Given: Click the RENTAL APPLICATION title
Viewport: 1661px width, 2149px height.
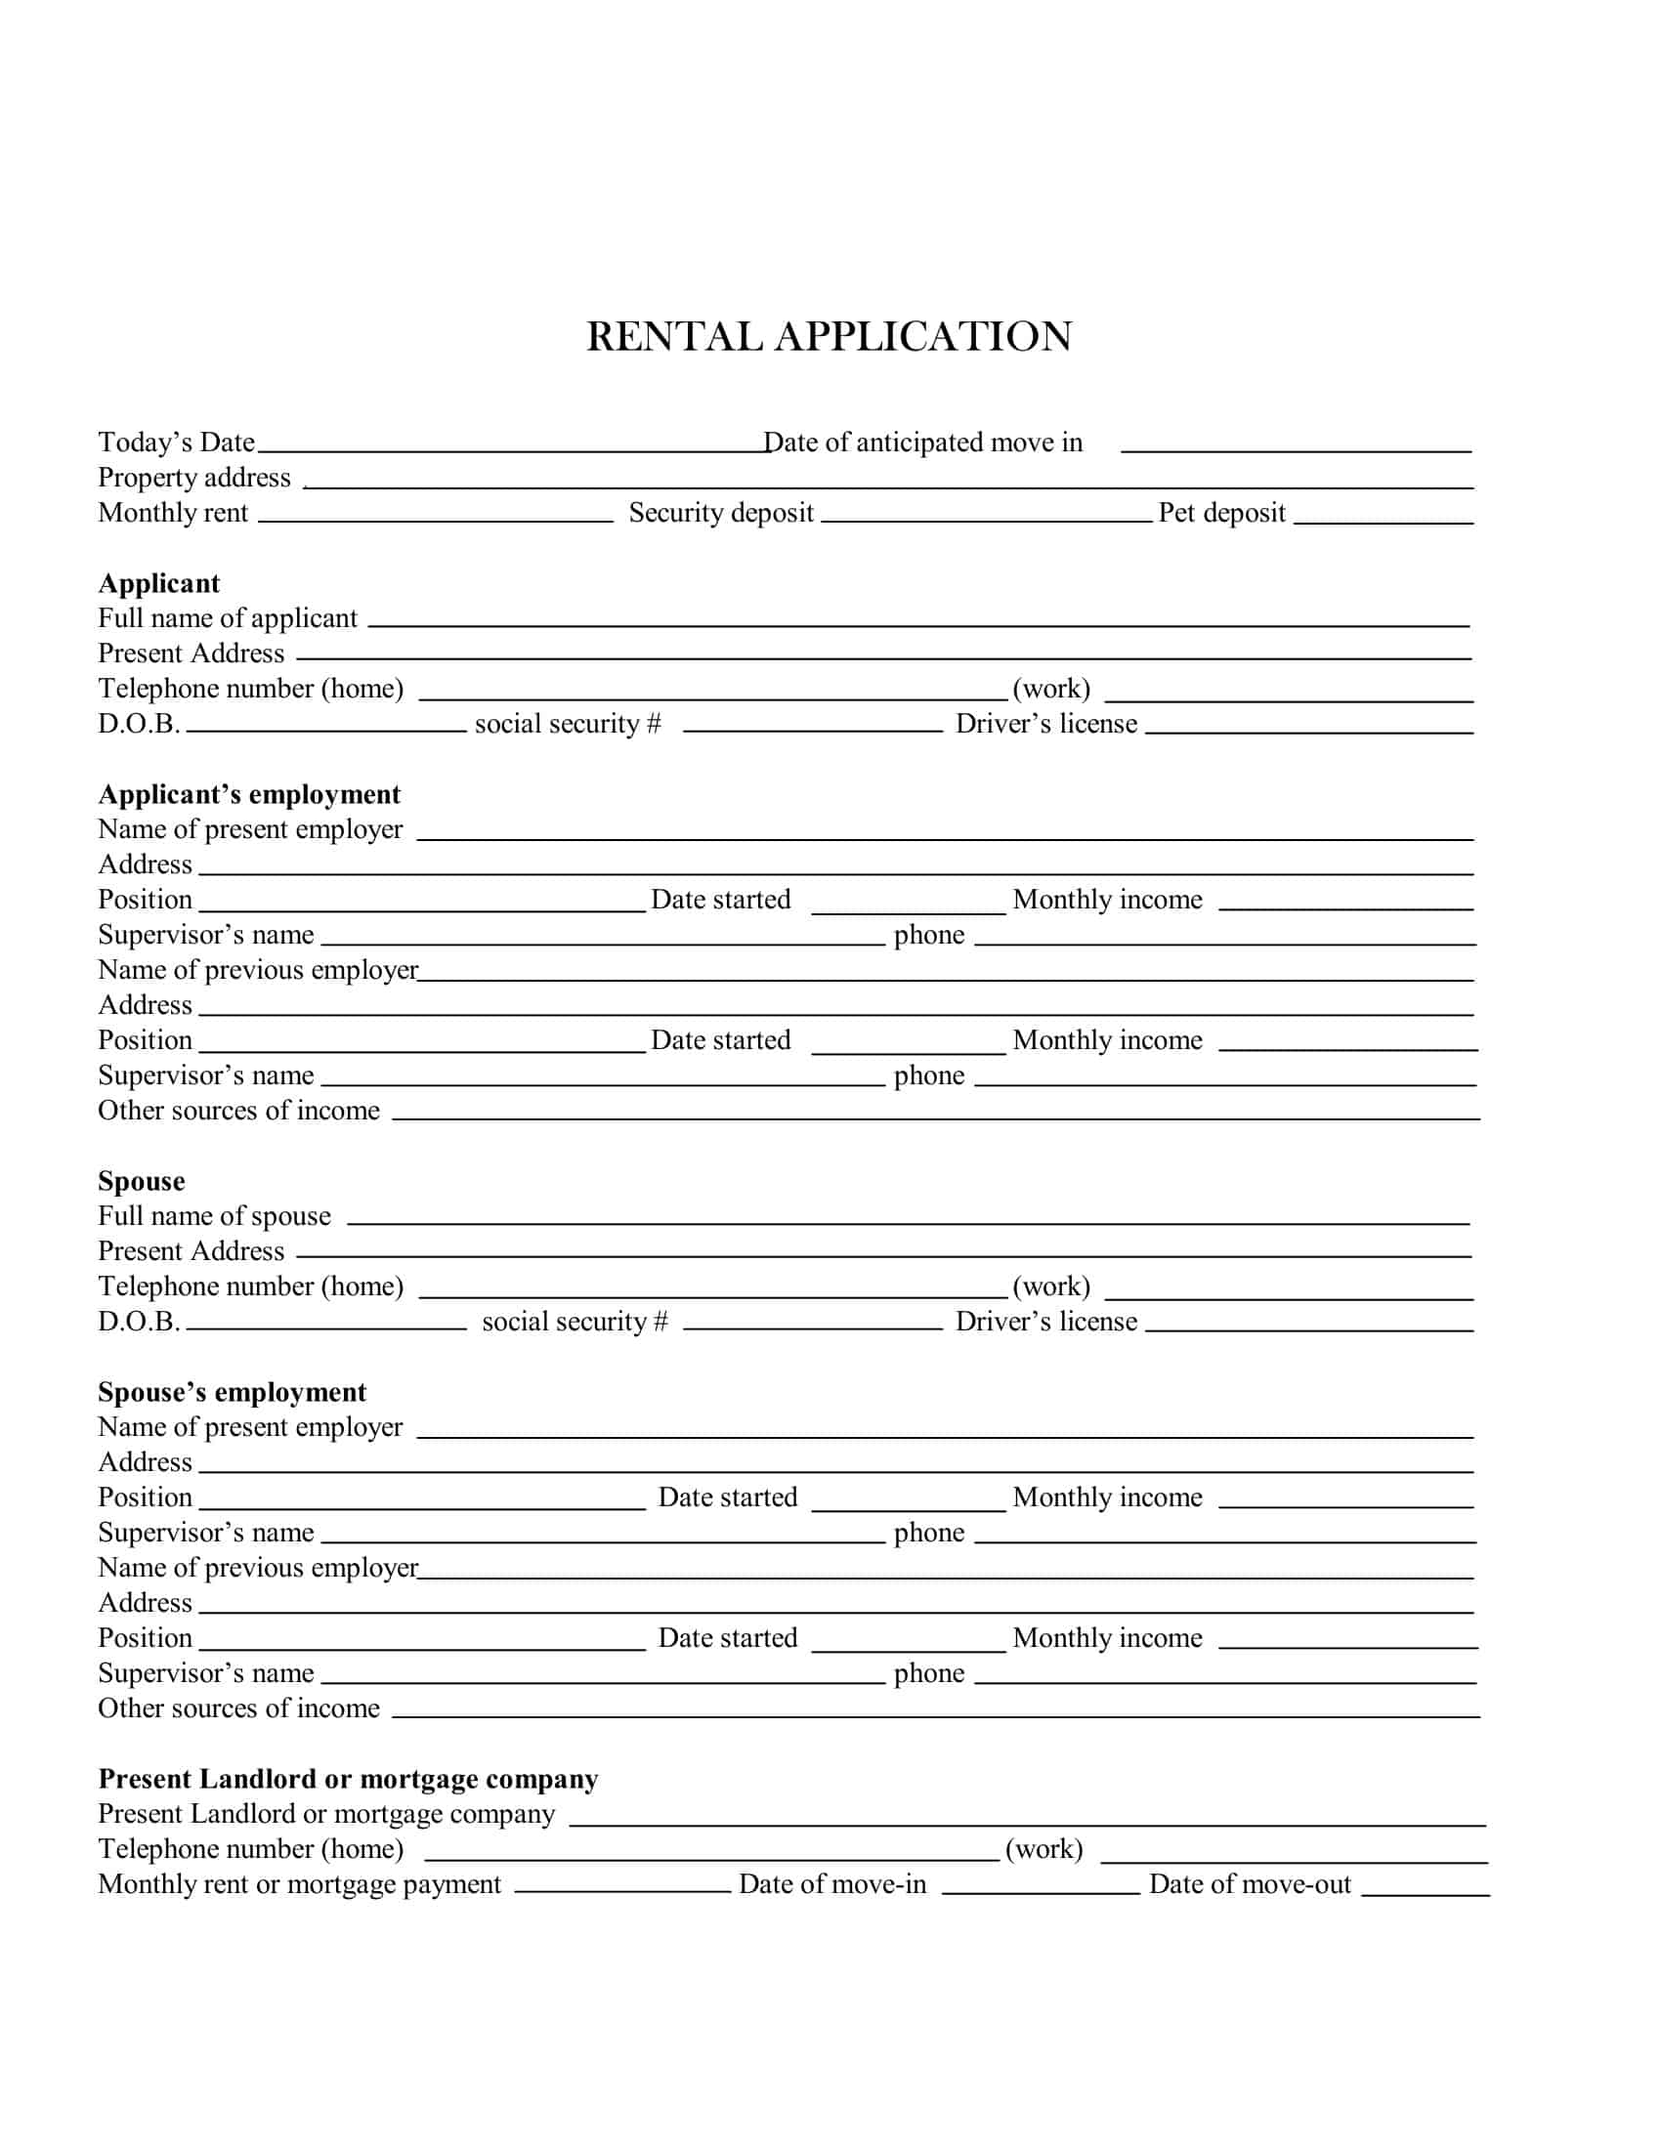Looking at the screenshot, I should (x=829, y=337).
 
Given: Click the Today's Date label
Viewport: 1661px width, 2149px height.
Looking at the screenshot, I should (x=176, y=442).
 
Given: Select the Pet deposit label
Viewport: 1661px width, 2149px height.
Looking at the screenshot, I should (x=1221, y=513).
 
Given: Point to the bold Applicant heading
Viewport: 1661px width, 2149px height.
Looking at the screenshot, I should (x=158, y=583).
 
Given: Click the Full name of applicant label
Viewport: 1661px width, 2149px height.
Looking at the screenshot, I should (x=228, y=619).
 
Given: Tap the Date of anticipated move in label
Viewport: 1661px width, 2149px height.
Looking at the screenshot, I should (x=922, y=442).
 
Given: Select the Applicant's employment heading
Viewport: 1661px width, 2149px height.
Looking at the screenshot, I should (x=249, y=794).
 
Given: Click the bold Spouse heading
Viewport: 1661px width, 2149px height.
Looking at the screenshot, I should (x=141, y=1181).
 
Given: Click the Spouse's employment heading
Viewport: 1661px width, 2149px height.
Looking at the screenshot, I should (x=232, y=1392).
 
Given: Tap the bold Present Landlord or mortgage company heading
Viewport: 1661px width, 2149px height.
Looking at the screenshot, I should (x=348, y=1779).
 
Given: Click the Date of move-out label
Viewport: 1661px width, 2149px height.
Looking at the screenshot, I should (x=1250, y=1884).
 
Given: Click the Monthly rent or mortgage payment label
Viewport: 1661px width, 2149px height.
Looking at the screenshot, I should (x=299, y=1884).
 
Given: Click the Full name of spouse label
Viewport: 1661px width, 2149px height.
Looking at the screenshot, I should (x=214, y=1216).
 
